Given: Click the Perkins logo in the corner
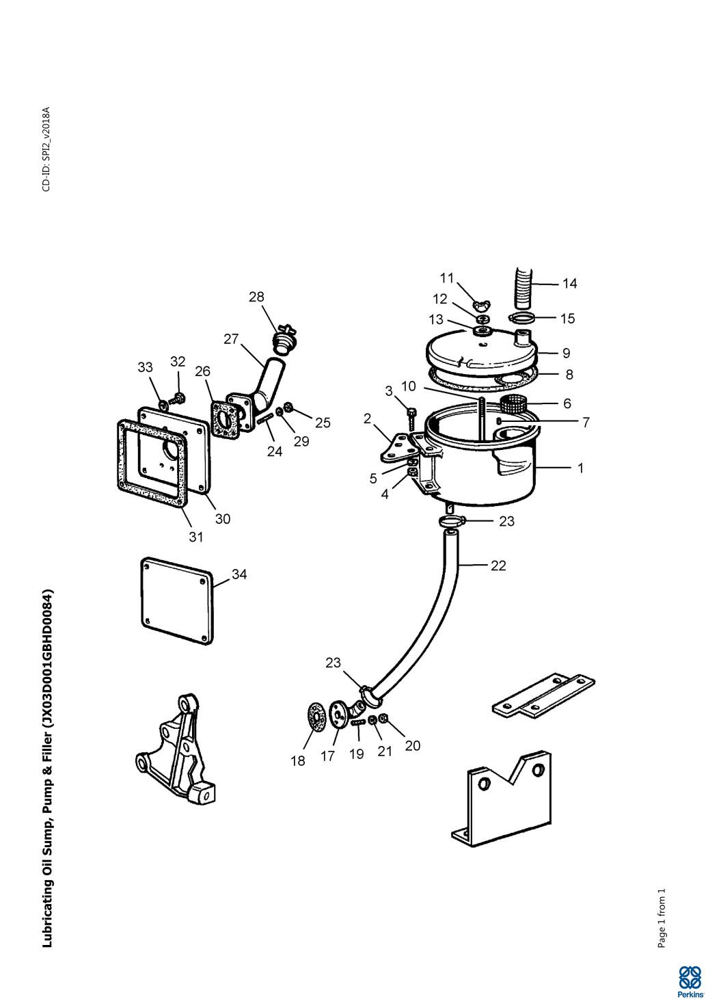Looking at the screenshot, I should [690, 981].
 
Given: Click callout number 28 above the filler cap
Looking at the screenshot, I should [256, 297].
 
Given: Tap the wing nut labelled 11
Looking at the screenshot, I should [481, 303].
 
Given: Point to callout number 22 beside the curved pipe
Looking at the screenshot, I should [498, 565].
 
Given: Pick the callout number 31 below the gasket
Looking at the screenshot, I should [196, 537].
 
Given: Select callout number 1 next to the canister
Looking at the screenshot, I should [580, 468].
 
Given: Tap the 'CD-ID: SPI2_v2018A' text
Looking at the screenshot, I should [46, 149].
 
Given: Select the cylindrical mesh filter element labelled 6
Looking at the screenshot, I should [513, 403].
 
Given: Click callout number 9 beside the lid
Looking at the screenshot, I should [566, 354].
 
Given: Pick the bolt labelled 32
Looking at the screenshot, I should [179, 397].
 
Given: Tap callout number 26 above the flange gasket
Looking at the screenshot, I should [202, 371].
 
